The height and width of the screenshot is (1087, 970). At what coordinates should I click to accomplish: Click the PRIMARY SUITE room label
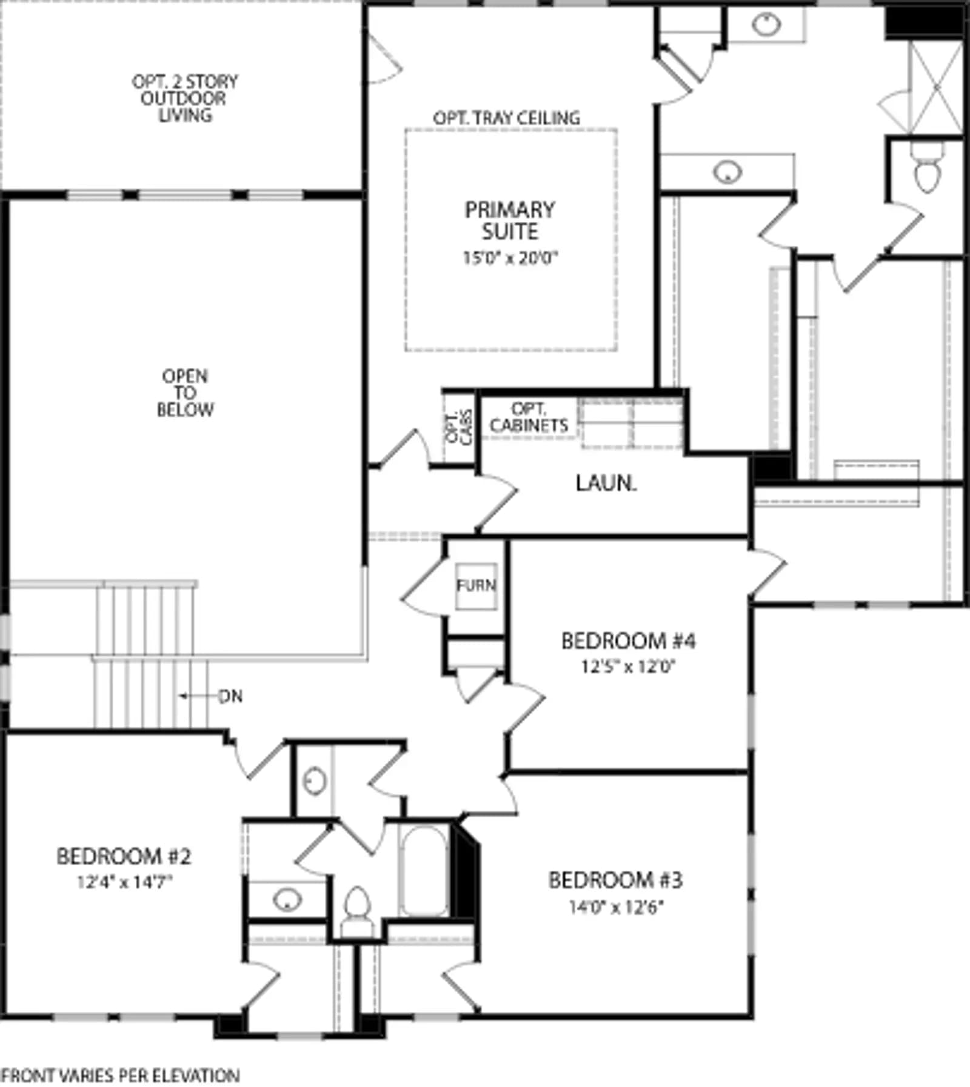coord(510,221)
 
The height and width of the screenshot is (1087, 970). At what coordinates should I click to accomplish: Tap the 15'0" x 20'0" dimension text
coord(510,258)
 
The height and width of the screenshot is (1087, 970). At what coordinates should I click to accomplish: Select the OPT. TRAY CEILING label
coord(506,118)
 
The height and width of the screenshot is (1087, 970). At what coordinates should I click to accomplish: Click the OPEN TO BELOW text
coord(185,393)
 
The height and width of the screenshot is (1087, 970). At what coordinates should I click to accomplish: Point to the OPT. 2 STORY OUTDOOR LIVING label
coord(185,98)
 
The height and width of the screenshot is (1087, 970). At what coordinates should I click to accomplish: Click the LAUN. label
coord(606,483)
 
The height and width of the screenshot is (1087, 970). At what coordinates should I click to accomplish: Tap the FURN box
coord(477,586)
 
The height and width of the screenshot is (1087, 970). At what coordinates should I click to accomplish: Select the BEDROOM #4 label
coord(628,640)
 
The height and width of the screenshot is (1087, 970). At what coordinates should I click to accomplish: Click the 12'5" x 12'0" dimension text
coord(628,666)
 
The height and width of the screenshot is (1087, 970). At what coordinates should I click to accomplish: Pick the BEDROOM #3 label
coord(615,880)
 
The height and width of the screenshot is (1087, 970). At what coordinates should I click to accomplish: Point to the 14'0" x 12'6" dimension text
coord(616,906)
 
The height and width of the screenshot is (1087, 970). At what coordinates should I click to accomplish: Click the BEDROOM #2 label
coord(124,856)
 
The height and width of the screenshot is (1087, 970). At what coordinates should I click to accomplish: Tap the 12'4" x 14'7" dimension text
coord(124,882)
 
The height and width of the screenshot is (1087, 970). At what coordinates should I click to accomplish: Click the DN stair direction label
coord(230,696)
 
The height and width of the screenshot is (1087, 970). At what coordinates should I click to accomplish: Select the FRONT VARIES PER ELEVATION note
coord(120,1075)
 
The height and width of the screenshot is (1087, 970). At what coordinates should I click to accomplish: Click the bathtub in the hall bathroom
coord(424,871)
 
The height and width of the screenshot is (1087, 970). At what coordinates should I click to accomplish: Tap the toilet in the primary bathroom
coord(927,167)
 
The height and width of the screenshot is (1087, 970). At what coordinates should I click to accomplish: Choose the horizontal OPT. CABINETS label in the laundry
coord(529,417)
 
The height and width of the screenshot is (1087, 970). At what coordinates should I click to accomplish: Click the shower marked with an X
coord(936,88)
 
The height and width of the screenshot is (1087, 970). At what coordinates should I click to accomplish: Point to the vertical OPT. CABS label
coord(459,428)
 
